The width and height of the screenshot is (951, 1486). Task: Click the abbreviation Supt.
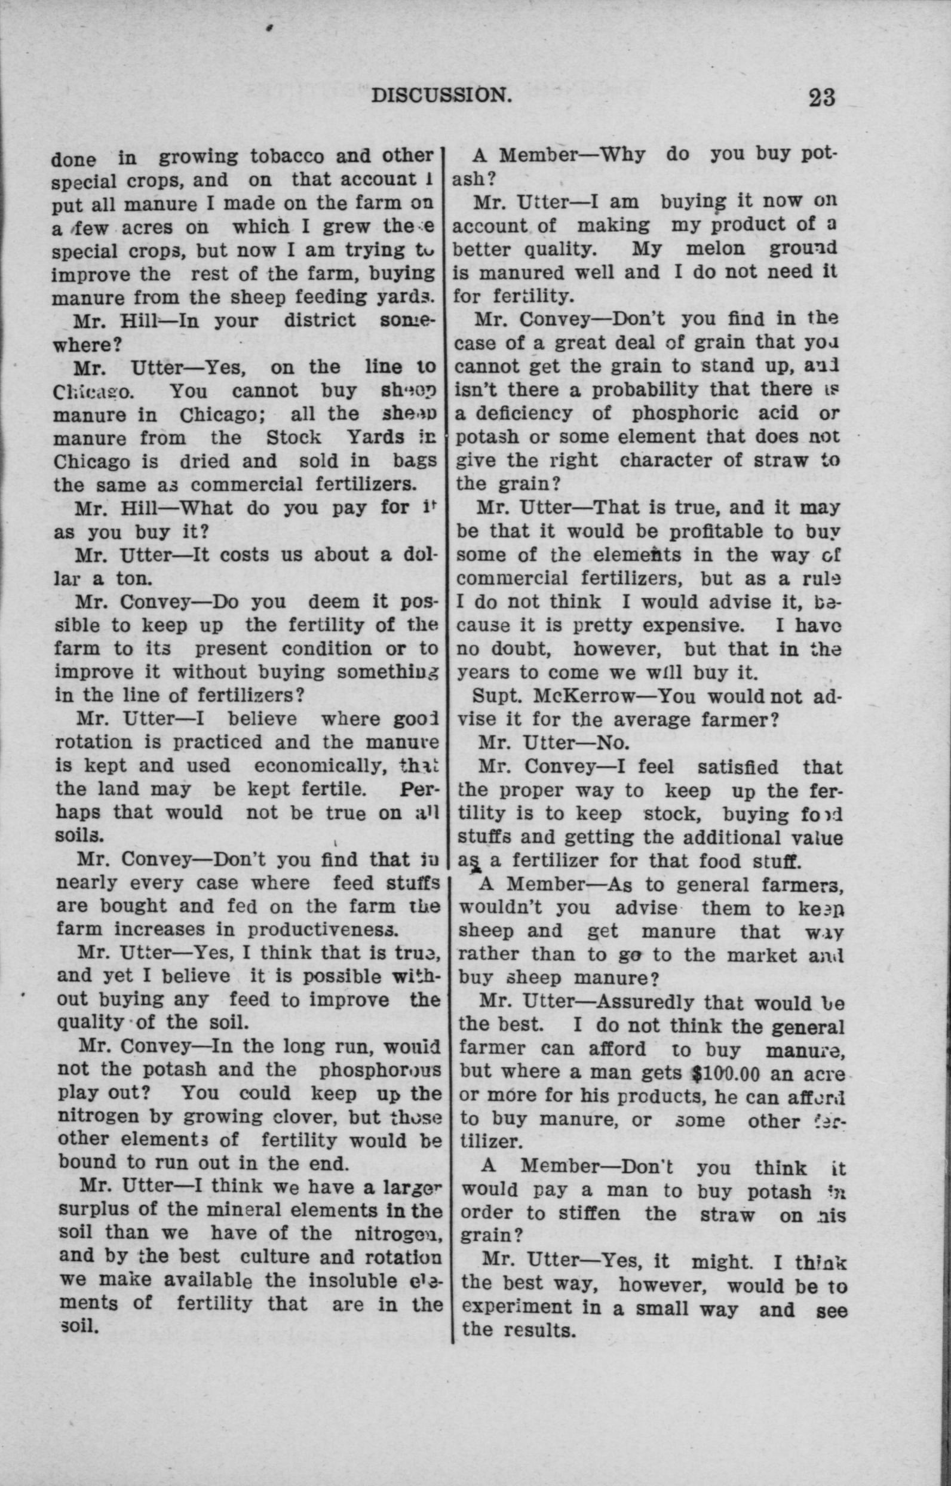coord(492,696)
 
